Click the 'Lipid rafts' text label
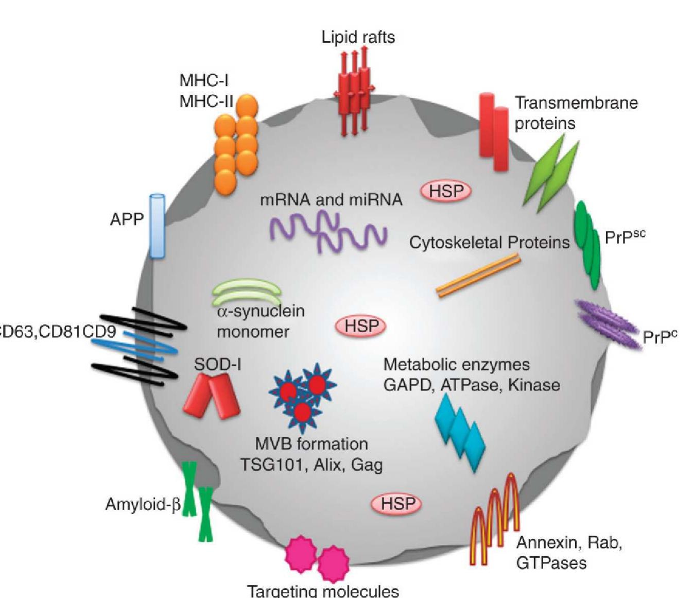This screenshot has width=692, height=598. click(x=358, y=37)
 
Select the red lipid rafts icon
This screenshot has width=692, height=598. click(x=353, y=90)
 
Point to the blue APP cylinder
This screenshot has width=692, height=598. click(x=157, y=226)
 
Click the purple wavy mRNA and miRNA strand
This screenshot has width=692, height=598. click(x=328, y=232)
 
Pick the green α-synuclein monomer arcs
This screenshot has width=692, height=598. click(x=247, y=292)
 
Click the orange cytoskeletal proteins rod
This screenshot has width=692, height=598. click(x=478, y=275)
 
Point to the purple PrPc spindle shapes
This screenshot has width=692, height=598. click(x=608, y=324)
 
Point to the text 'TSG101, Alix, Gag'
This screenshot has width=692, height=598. click(x=312, y=465)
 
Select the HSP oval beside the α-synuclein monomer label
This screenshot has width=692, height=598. click(x=361, y=326)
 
